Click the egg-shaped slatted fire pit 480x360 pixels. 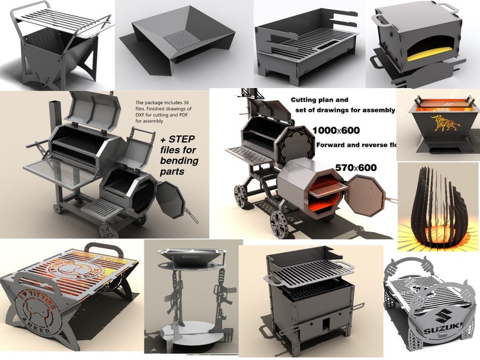pos(437,205)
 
